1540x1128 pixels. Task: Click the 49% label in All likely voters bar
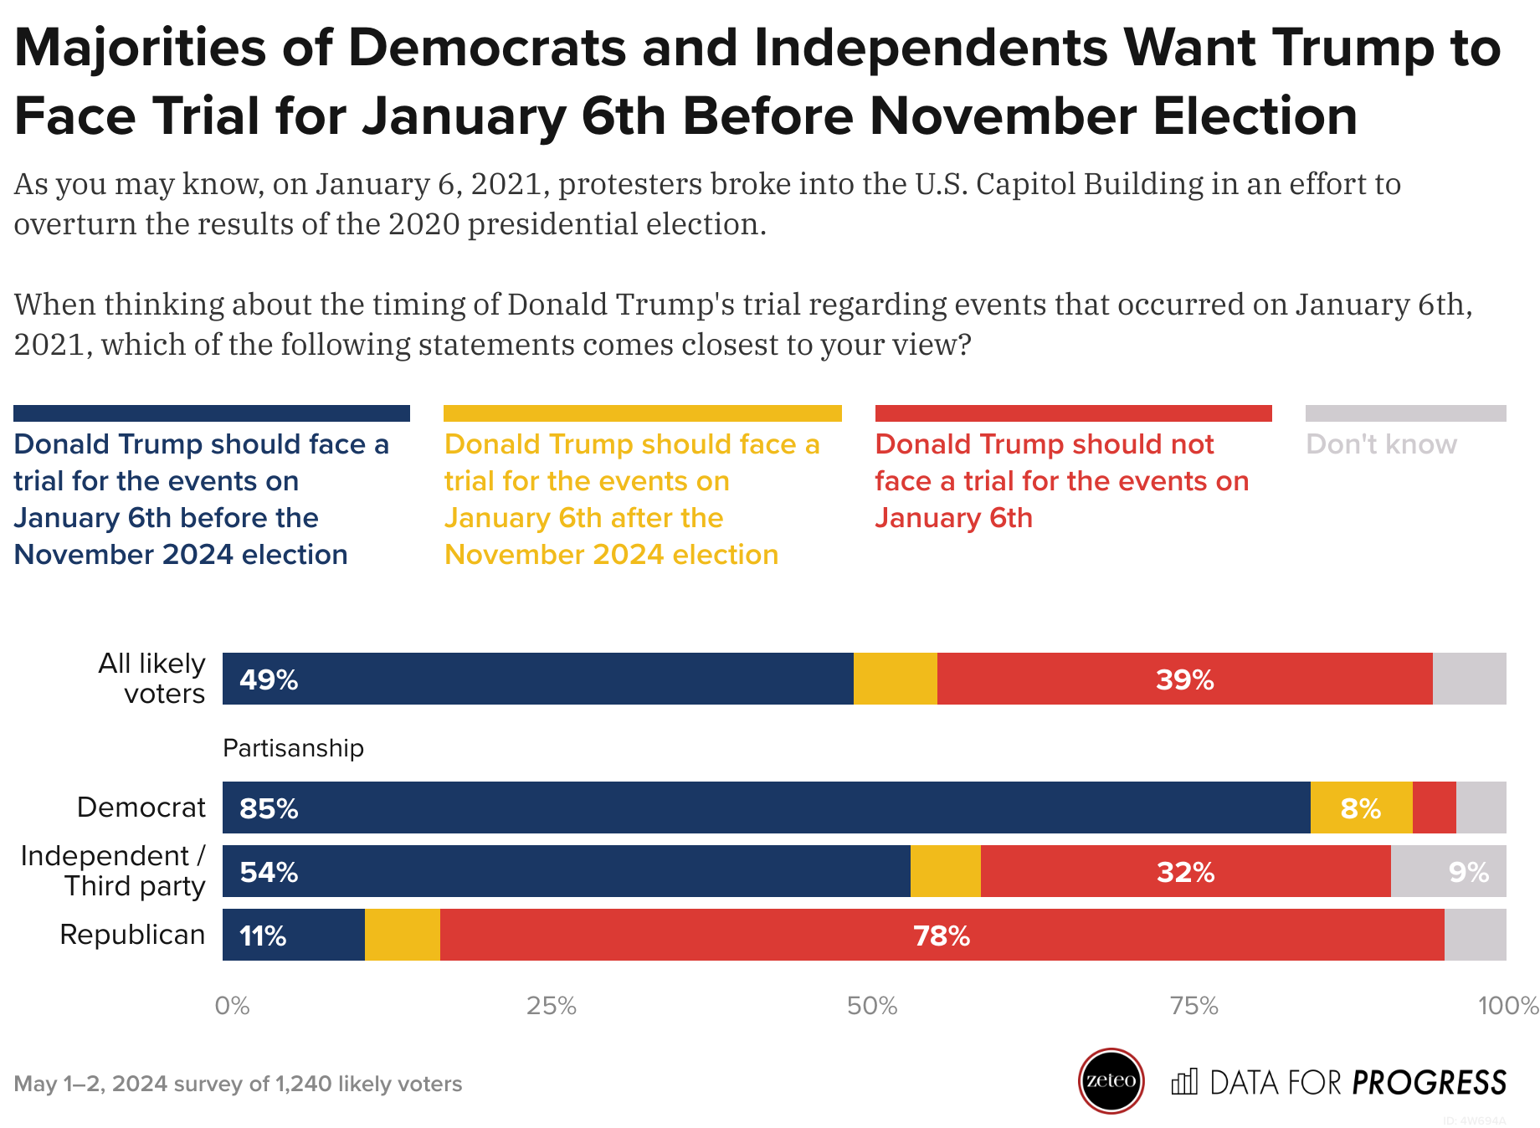click(x=269, y=679)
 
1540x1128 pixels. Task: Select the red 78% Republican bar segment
click(x=942, y=935)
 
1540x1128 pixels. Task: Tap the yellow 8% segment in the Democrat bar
click(x=1361, y=808)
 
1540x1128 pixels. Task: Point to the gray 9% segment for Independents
click(x=1450, y=871)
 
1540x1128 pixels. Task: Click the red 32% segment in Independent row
click(x=1185, y=871)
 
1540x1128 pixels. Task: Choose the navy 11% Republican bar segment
click(x=293, y=935)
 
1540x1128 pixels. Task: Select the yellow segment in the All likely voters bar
click(x=895, y=679)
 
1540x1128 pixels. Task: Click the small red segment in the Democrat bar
click(x=1434, y=808)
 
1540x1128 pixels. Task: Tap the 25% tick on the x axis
click(x=552, y=1006)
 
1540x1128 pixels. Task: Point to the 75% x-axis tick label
click(x=1193, y=1006)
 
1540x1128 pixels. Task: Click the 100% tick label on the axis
click(x=1507, y=1006)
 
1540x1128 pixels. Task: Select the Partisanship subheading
click(x=293, y=748)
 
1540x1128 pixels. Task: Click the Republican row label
click(x=132, y=935)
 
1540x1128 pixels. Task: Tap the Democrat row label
click(x=141, y=808)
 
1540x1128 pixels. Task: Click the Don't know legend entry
click(x=1381, y=444)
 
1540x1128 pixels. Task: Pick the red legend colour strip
click(x=1073, y=413)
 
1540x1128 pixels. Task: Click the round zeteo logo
click(x=1111, y=1080)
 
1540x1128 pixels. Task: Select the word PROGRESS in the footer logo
click(x=1430, y=1083)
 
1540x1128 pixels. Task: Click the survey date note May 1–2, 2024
click(x=237, y=1084)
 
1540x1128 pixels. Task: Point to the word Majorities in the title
click(x=140, y=48)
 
